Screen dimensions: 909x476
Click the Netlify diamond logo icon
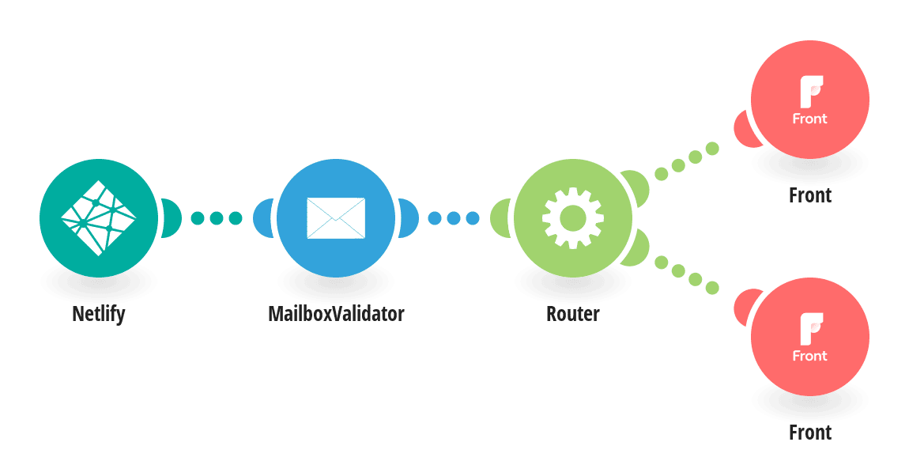click(x=99, y=218)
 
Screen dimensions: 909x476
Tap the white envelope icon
click(x=336, y=218)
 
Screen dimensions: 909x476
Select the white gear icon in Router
click(x=573, y=218)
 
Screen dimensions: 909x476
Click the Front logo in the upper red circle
click(x=810, y=100)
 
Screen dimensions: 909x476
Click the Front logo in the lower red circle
click(x=810, y=338)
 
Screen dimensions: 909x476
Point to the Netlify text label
click(x=99, y=314)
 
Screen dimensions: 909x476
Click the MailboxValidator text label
click(x=336, y=314)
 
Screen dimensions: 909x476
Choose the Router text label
click(x=573, y=314)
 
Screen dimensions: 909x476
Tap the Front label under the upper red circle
click(x=810, y=195)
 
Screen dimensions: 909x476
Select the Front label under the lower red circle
click(x=810, y=433)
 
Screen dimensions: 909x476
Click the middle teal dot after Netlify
click(x=217, y=218)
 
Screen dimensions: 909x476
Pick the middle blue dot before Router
click(x=454, y=218)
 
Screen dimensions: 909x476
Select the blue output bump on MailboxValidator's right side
click(x=409, y=218)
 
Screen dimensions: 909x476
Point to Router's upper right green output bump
click(x=636, y=187)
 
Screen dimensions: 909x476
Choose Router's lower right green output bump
click(x=636, y=249)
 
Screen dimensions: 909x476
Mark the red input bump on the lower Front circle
click(x=745, y=307)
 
